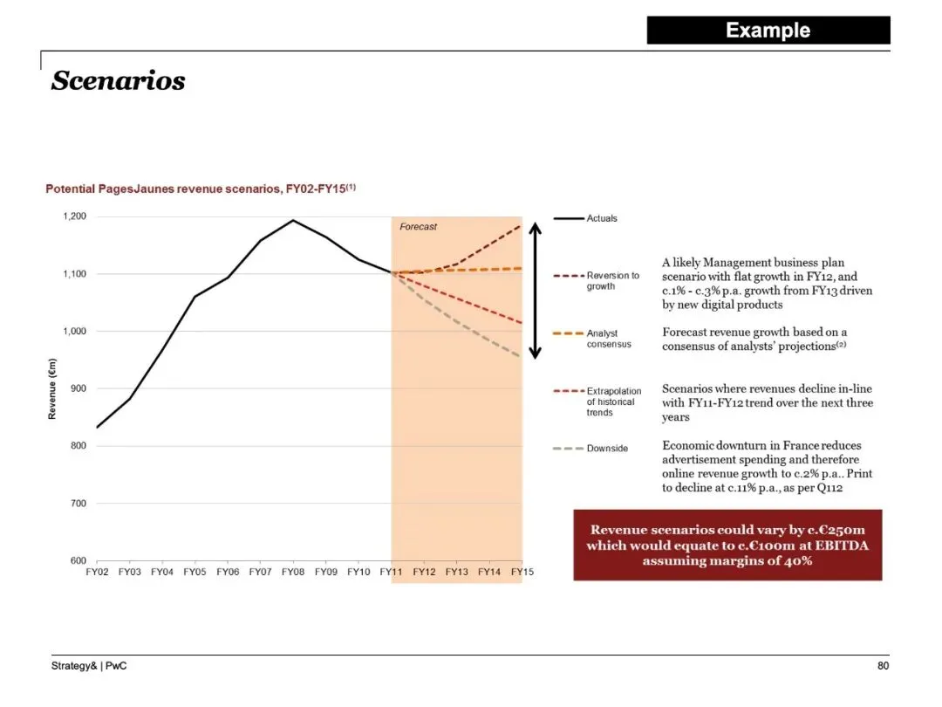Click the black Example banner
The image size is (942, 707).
coord(768,31)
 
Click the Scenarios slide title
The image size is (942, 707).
coord(119,81)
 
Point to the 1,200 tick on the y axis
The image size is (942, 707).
coord(75,216)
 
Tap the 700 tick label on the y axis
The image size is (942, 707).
coord(78,504)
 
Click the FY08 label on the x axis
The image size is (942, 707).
coord(293,572)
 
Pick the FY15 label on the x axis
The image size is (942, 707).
coord(522,572)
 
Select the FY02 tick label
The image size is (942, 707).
coord(97,572)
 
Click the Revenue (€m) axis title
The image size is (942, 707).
coord(52,389)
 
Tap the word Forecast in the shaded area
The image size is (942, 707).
coord(418,227)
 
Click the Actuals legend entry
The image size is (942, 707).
coord(601,218)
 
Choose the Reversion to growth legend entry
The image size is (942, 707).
coord(612,280)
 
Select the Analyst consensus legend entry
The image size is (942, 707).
coord(608,339)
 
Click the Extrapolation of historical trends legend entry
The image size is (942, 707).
coord(613,402)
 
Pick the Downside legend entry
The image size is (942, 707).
coord(606,449)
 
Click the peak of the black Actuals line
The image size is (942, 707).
coord(293,220)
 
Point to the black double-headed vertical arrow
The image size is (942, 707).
coord(536,290)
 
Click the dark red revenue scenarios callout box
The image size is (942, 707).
coord(727,545)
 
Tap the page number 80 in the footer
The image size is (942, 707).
coord(883,667)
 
